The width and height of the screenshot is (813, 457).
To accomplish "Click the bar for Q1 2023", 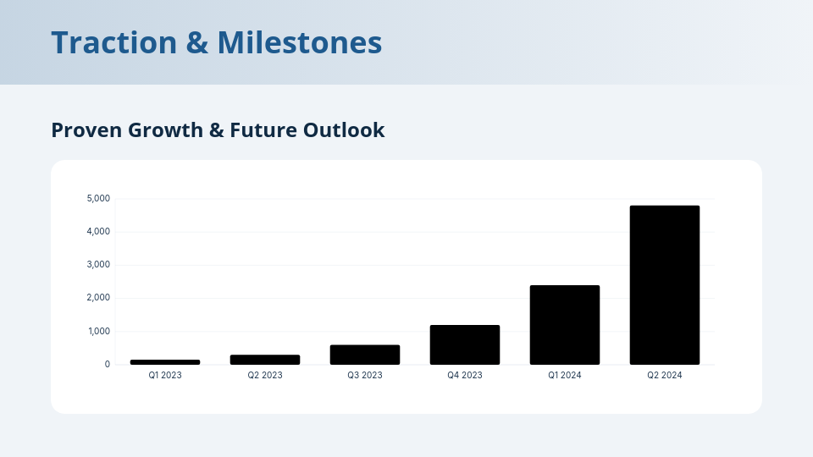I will coord(165,362).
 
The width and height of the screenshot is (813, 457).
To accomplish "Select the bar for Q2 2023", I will coord(265,360).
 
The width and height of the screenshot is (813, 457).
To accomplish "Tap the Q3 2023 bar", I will coord(365,355).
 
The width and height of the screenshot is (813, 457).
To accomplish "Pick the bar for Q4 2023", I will coord(465,344).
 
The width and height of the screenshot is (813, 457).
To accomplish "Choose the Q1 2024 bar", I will coord(565,325).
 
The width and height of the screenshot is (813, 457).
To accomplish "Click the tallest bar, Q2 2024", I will coord(665,285).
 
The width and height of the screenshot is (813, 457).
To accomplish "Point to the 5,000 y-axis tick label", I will coord(98,199).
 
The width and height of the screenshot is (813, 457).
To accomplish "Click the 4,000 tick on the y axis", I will coord(98,232).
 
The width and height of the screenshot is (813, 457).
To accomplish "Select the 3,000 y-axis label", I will coord(98,265).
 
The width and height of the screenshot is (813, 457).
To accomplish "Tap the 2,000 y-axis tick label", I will coord(98,298).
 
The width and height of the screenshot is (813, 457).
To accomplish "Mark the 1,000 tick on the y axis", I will coord(98,331).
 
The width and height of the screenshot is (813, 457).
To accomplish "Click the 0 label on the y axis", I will coord(107,365).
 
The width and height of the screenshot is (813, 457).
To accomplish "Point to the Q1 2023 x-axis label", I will coord(165,375).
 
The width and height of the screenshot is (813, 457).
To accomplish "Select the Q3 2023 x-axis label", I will coord(365,375).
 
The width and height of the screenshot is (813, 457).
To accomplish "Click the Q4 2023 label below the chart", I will coord(465,375).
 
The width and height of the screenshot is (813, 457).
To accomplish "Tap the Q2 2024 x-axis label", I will coord(665,375).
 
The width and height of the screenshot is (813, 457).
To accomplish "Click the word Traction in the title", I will coord(113,42).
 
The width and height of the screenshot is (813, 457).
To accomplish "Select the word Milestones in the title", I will coord(300,42).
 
